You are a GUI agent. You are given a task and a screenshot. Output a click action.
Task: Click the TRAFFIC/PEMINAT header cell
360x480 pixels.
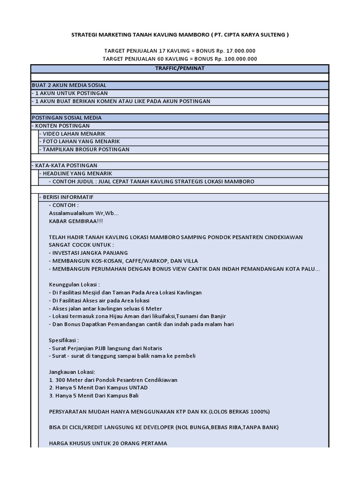point(180,68)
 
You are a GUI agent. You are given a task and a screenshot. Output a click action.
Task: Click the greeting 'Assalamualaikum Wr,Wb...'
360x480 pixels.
point(84,213)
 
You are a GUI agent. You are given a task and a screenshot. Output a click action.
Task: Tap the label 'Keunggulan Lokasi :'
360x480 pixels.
point(75,285)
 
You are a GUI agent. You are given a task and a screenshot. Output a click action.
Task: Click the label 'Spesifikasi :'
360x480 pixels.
point(64,340)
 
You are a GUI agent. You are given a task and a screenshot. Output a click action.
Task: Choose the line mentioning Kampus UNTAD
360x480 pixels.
point(98,388)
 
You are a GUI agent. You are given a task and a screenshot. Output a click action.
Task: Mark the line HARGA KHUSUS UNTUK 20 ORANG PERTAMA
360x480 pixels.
point(108,443)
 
